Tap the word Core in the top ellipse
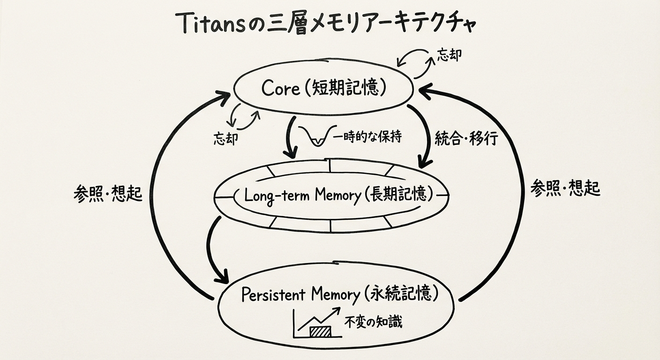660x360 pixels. pos(280,88)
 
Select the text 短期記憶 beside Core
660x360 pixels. pos(345,88)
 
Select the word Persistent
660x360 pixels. pos(273,295)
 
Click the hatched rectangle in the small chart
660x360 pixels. pos(320,331)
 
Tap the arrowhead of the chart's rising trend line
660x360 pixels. pos(337,311)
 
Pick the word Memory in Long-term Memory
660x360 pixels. pos(336,195)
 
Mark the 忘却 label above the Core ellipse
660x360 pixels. pos(449,55)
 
